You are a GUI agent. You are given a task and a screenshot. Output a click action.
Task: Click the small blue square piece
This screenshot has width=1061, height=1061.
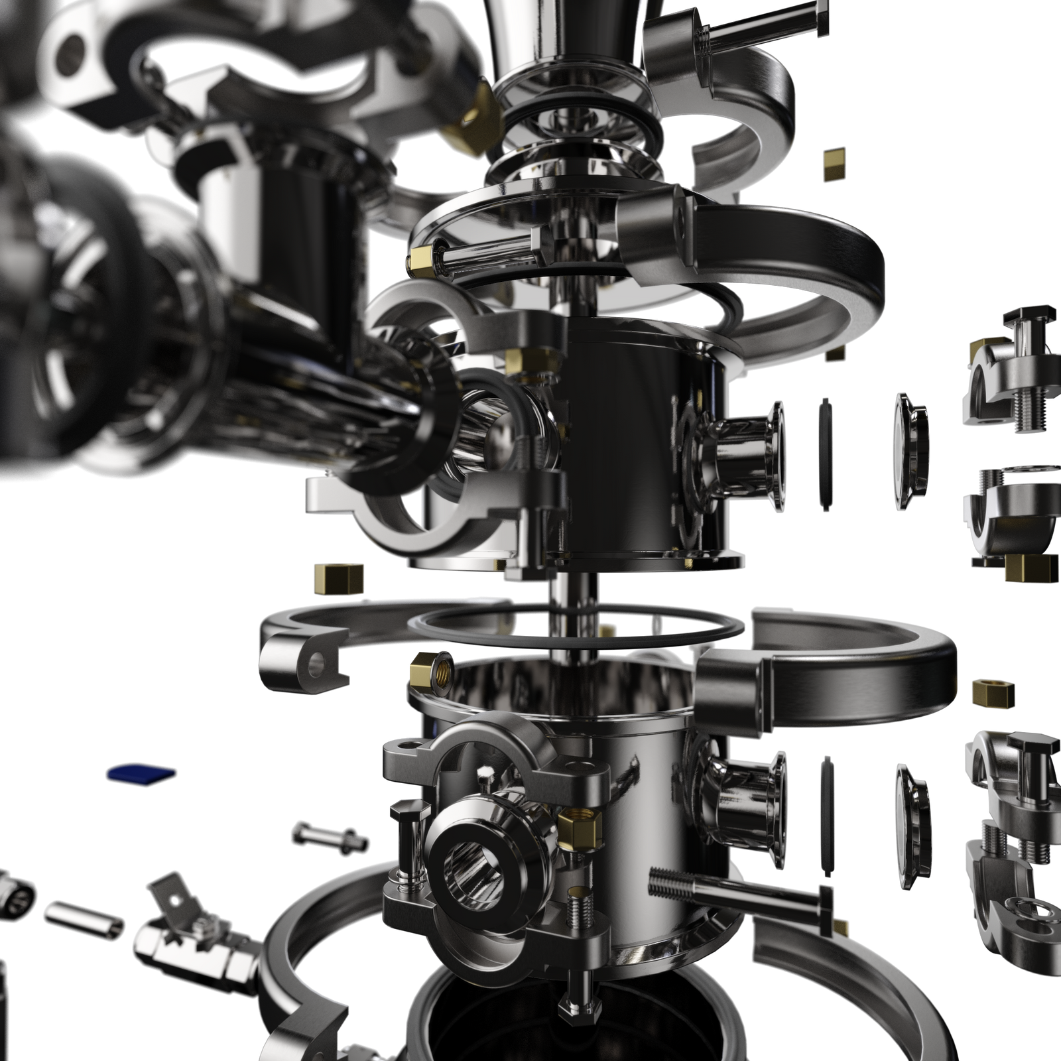[142, 773]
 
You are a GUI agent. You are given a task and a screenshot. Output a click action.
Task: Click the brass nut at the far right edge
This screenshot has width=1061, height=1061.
[993, 692]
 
